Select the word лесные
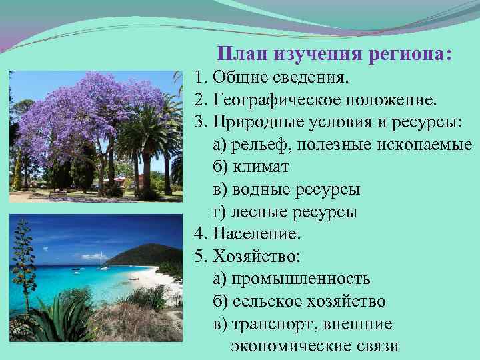(256, 212)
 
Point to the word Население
(257, 234)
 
